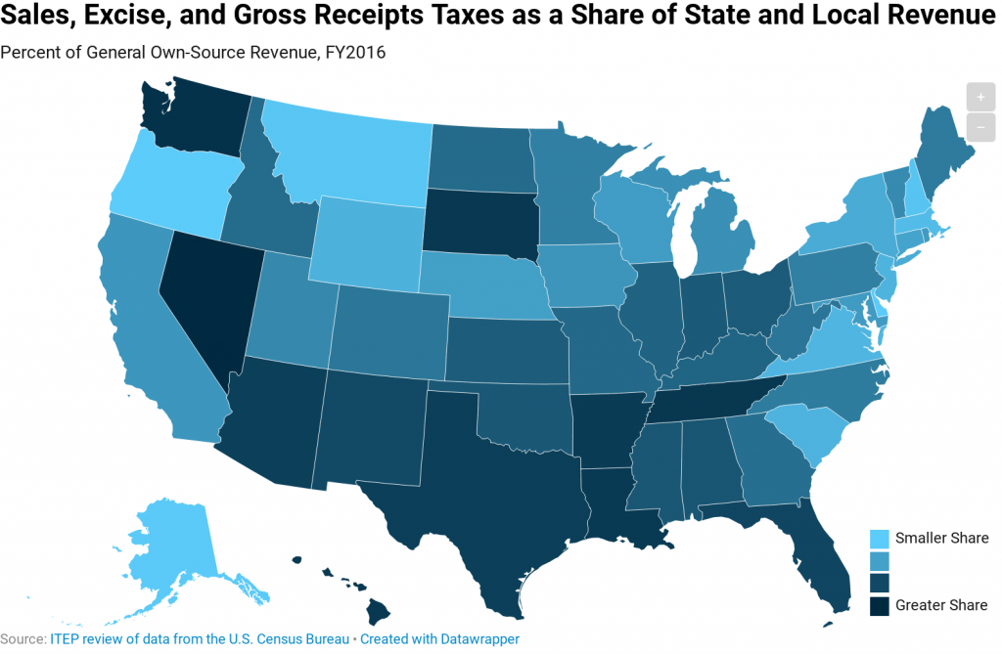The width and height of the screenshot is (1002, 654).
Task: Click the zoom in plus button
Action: tap(979, 98)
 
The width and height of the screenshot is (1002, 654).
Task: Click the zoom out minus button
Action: tap(979, 127)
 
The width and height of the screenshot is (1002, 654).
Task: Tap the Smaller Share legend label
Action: tap(942, 538)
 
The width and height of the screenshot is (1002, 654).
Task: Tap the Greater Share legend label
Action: tap(941, 604)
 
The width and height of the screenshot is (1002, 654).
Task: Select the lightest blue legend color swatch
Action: tap(881, 539)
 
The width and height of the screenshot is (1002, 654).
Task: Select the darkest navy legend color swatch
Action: tap(881, 604)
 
